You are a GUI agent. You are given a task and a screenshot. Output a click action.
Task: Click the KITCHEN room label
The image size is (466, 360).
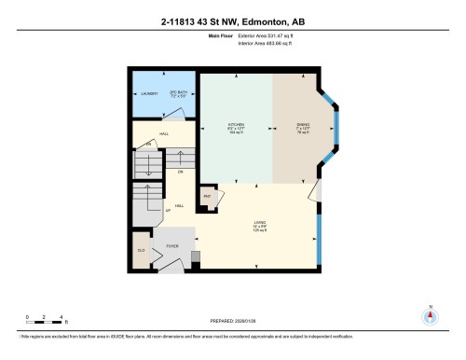(x=236, y=125)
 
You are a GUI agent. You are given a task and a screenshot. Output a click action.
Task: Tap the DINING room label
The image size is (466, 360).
(x=303, y=125)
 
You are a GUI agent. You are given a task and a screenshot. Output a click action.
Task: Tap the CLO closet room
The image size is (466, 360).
(x=141, y=252)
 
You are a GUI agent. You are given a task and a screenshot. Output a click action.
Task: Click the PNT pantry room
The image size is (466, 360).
(x=208, y=198)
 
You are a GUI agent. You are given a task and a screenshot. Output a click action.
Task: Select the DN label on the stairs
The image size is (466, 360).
(x=180, y=173)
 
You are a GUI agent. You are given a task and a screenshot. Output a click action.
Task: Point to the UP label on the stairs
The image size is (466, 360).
(x=168, y=211)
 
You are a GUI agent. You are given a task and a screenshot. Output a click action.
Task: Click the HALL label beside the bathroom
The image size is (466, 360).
(x=163, y=135)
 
